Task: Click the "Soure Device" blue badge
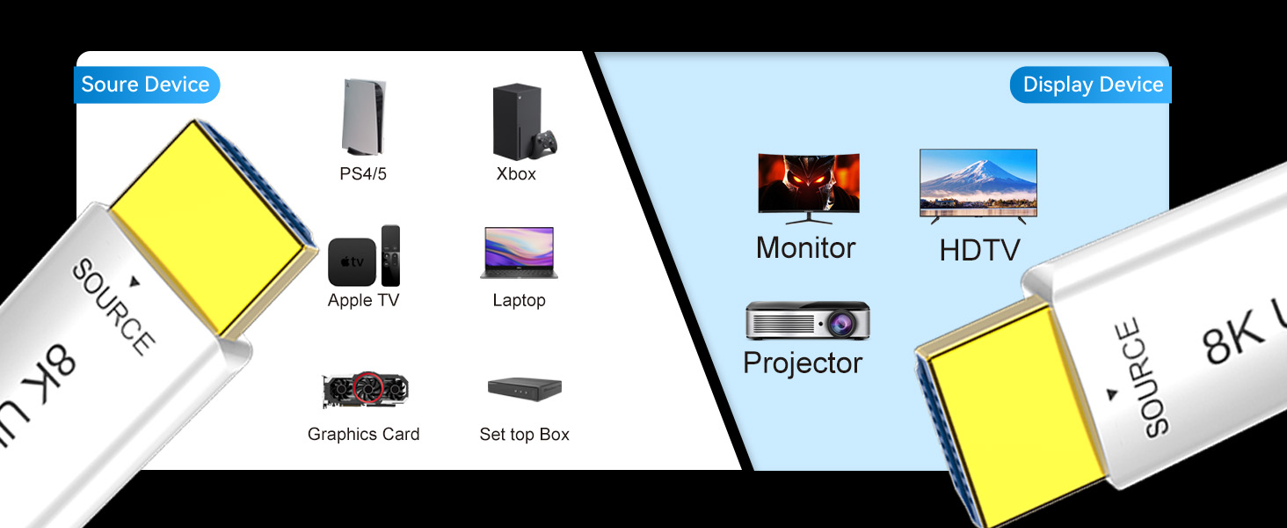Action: coord(147,84)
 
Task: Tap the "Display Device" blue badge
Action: coord(1090,84)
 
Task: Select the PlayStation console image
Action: coord(363,117)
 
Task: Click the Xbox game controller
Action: coord(544,143)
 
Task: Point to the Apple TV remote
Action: coord(390,255)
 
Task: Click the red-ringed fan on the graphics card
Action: coord(367,387)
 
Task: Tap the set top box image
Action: coord(525,389)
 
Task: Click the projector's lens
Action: coord(840,323)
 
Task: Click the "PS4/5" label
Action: coord(363,173)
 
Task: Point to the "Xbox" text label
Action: coord(516,173)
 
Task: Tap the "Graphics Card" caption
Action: coord(364,434)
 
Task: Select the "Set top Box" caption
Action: coord(525,434)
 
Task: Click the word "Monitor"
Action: coord(805,248)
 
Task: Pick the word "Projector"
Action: coord(803,363)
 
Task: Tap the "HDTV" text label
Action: coord(979,250)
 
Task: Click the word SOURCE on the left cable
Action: coord(113,305)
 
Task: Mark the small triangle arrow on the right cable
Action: coord(1112,394)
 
